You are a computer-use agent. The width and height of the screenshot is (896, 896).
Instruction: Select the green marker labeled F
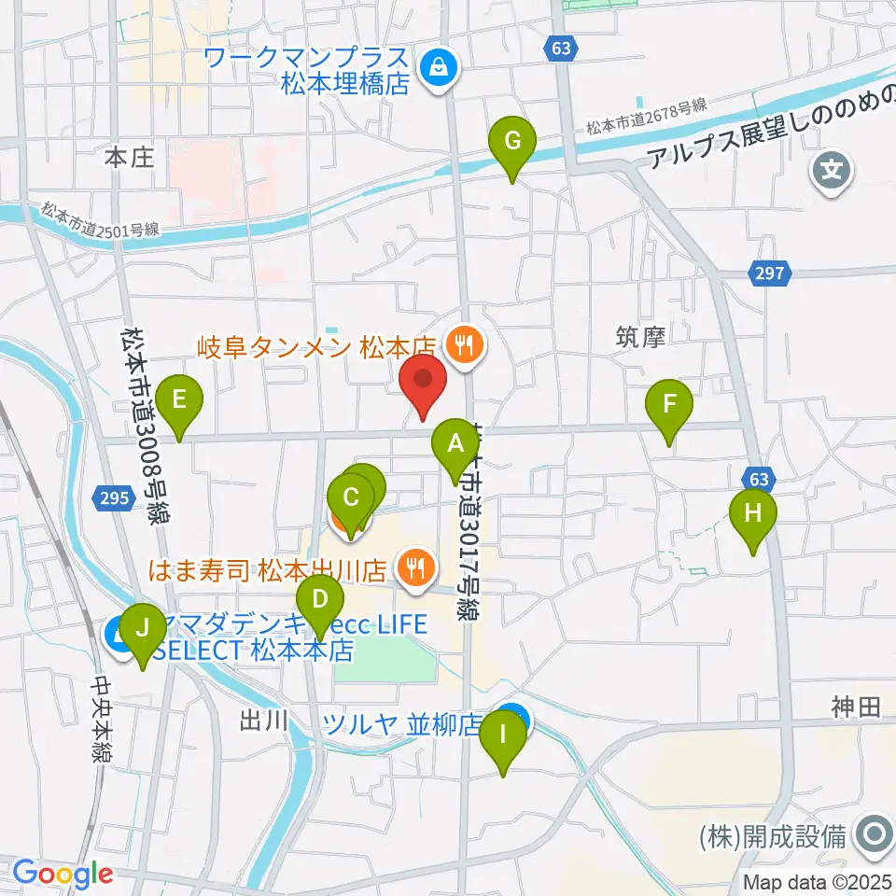pyautogui.click(x=669, y=406)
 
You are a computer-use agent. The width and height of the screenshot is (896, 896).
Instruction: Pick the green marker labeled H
pyautogui.click(x=753, y=514)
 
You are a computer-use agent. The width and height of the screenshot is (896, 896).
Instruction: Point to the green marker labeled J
pyautogui.click(x=142, y=630)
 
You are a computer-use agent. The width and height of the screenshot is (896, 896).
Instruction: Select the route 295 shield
pyautogui.click(x=111, y=499)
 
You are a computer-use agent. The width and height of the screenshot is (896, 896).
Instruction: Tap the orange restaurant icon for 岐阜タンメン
pyautogui.click(x=462, y=347)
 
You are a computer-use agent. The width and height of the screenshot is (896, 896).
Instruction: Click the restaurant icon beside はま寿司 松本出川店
pyautogui.click(x=412, y=566)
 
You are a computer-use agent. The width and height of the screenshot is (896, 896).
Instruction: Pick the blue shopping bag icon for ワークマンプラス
pyautogui.click(x=436, y=66)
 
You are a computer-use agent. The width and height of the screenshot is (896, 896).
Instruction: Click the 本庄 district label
pyautogui.click(x=128, y=158)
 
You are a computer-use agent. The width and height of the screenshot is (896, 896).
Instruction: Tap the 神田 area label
pyautogui.click(x=856, y=707)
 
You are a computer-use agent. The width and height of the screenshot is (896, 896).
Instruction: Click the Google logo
pyautogui.click(x=63, y=875)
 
